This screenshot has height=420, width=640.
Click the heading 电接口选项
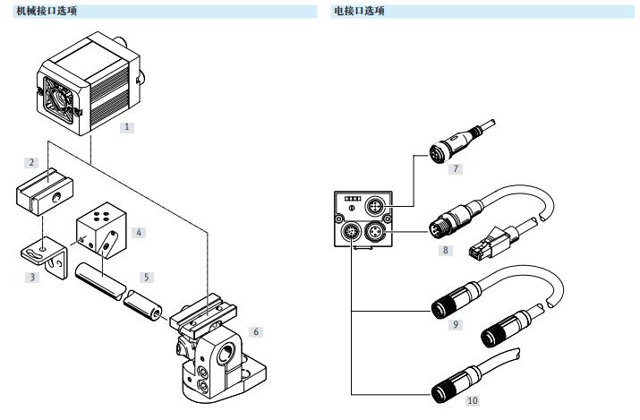(x=359, y=11)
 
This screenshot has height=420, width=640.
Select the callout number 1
(x=127, y=127)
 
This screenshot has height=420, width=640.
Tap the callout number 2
(x=32, y=163)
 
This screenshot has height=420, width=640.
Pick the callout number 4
(x=140, y=231)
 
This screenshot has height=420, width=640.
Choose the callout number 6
(x=256, y=332)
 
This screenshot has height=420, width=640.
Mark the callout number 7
(x=456, y=167)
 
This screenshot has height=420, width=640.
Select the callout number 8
(x=444, y=252)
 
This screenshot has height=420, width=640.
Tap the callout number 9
(x=457, y=324)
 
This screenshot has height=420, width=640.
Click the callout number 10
(x=473, y=399)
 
